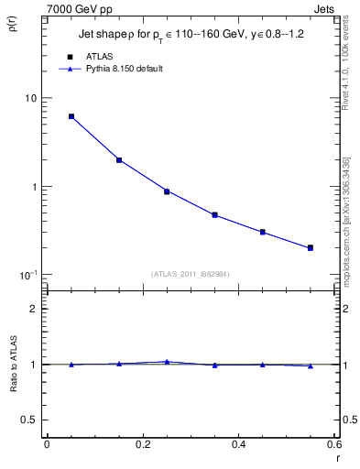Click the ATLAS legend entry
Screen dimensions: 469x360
(99, 57)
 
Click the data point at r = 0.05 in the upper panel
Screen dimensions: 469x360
(71, 116)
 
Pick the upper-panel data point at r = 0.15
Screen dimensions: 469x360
(119, 160)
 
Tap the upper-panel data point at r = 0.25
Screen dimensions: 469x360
(167, 191)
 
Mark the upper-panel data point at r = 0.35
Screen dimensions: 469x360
(214, 215)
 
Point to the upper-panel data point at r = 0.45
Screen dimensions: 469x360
(262, 232)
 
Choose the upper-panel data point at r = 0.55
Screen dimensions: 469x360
(311, 247)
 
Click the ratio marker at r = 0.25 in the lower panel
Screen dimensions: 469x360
(167, 362)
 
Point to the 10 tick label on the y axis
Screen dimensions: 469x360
(30, 98)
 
